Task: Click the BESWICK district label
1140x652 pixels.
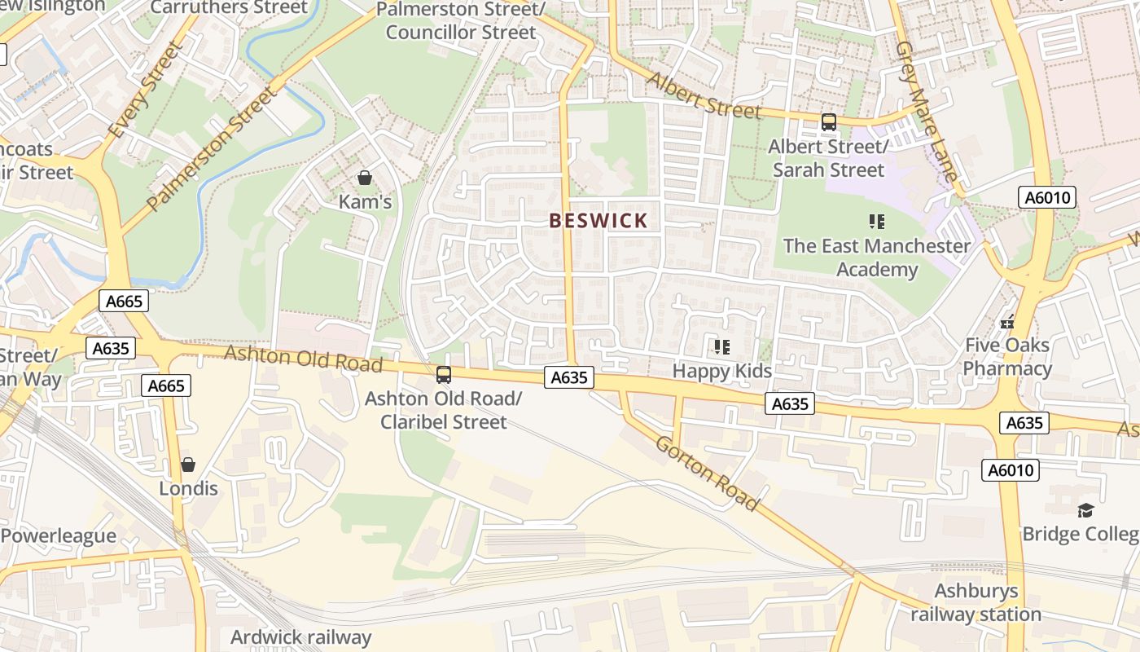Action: pos(598,220)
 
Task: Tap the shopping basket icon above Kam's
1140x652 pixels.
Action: pos(365,178)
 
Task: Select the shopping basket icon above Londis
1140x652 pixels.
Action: pos(188,465)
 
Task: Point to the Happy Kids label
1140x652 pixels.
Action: pos(721,372)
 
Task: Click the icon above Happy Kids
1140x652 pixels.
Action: pos(721,348)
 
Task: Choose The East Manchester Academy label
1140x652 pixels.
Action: pos(877,258)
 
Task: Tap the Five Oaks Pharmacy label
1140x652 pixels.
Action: pos(1007,357)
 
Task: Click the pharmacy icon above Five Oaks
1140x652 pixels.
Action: pos(1008,322)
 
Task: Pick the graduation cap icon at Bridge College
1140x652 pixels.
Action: pos(1085,511)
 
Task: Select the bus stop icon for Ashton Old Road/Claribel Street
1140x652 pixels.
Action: pos(444,375)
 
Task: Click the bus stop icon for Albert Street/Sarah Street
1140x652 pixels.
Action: pos(829,123)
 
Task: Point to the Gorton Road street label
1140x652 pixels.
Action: pos(707,474)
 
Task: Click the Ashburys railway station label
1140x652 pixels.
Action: pos(976,602)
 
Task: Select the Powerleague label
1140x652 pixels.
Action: pos(58,536)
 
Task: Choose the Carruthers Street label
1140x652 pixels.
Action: pos(229,8)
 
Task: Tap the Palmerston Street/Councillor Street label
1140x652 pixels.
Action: pos(461,22)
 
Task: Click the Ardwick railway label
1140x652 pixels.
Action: pos(300,637)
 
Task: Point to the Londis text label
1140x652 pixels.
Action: pos(188,488)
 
